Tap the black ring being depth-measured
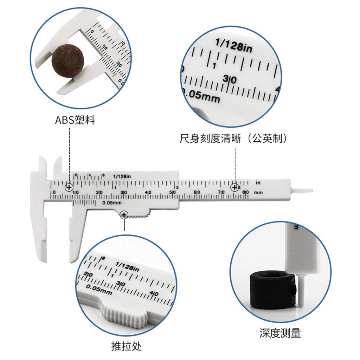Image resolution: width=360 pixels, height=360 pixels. point(271,289)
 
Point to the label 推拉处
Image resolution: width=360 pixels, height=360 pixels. point(126,347)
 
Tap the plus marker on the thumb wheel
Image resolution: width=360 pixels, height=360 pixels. point(124,215)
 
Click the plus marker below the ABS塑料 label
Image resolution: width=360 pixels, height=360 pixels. point(69,187)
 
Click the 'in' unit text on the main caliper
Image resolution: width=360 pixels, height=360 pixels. point(258,183)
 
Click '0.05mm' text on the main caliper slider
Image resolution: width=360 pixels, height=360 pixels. point(111,203)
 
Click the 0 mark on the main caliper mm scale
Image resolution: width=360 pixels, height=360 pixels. point(54,192)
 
